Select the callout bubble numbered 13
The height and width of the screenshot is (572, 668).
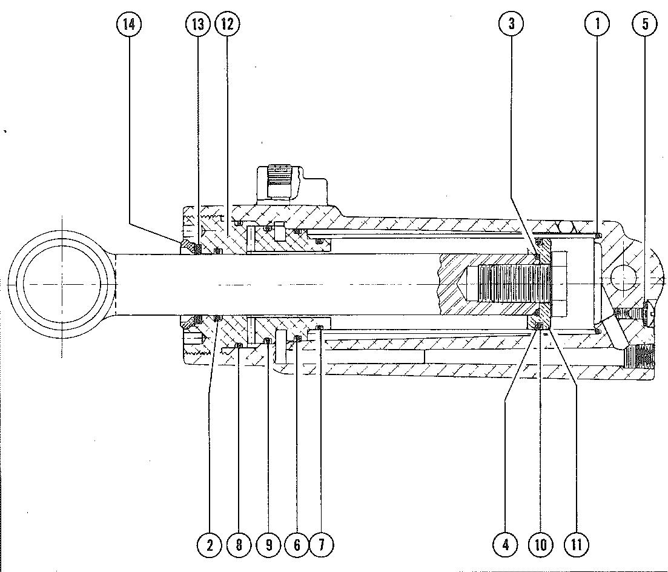197,24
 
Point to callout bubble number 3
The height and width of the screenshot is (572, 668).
511,24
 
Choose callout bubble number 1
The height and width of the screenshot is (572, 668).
597,24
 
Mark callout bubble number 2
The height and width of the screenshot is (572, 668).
210,545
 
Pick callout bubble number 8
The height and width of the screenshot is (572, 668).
239,545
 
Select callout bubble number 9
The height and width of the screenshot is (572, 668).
268,545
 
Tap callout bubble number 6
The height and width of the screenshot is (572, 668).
297,545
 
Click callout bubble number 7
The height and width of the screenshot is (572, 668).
321,545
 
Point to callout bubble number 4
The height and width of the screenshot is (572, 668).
505,545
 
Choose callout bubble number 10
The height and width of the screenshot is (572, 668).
540,545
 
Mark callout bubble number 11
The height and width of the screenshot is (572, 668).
576,545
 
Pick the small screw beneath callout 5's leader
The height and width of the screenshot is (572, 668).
633,314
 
